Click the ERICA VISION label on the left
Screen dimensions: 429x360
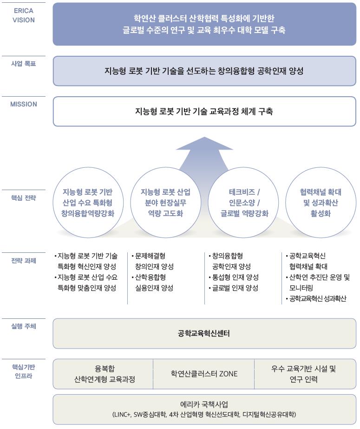click(x=23, y=15)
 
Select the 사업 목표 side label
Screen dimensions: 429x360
click(x=23, y=64)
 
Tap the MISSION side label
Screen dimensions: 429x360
click(x=23, y=104)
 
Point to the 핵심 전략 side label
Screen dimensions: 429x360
click(x=23, y=198)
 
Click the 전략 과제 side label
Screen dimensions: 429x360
click(x=23, y=260)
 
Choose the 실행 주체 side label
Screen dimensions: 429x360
click(x=23, y=326)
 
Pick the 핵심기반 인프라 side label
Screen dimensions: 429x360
click(x=23, y=371)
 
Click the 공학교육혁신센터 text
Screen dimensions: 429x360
click(x=204, y=333)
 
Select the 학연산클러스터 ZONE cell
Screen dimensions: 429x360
click(x=204, y=374)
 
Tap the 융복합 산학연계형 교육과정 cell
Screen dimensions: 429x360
click(x=105, y=374)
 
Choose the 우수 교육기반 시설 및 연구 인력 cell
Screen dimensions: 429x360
click(x=304, y=374)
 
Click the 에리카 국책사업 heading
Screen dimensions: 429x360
click(x=204, y=404)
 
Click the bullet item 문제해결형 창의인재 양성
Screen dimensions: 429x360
click(x=153, y=261)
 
